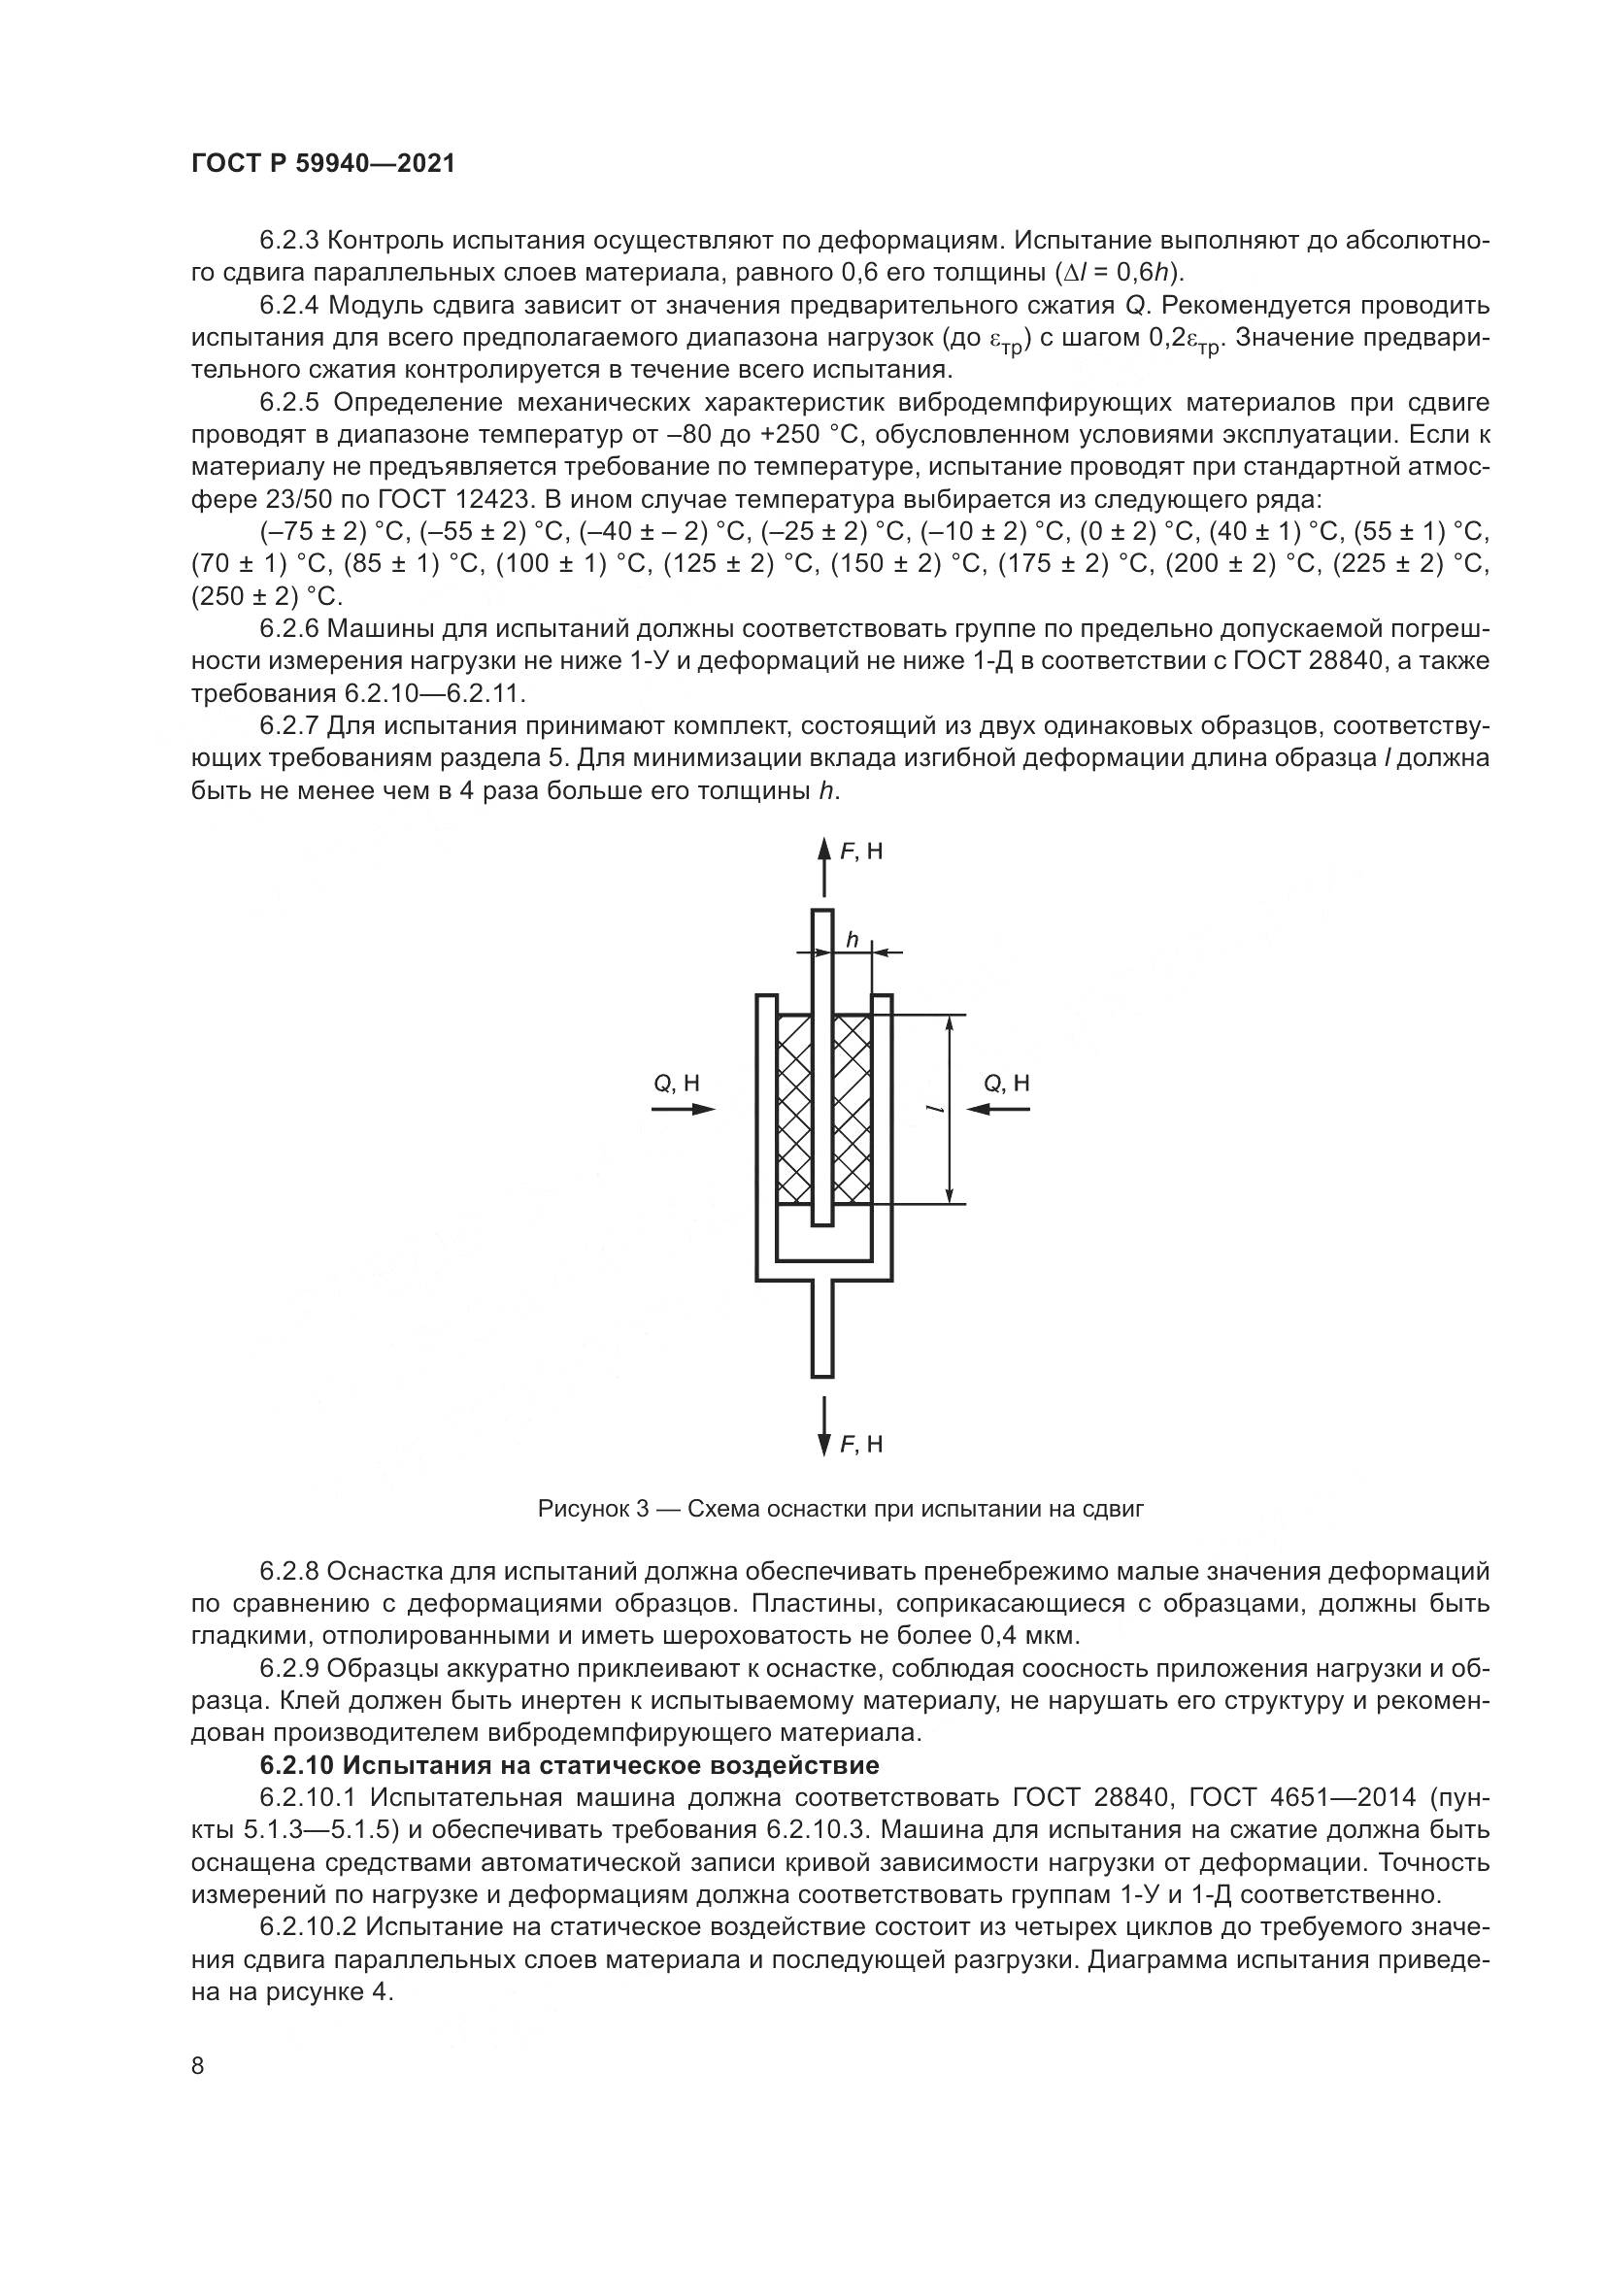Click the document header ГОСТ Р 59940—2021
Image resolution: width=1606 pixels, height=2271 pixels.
click(x=323, y=164)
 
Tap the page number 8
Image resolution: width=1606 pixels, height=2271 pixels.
click(x=198, y=2065)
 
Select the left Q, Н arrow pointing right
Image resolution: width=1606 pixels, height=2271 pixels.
click(x=684, y=1109)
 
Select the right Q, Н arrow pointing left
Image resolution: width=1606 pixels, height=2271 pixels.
click(x=998, y=1109)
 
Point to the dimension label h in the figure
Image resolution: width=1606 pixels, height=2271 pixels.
click(x=851, y=939)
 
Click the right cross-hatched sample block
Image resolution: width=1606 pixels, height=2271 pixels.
click(x=853, y=1109)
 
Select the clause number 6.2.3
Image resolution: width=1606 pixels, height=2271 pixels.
click(x=288, y=241)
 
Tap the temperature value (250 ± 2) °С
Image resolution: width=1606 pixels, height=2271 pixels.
click(x=265, y=596)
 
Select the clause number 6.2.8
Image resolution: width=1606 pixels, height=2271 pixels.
click(x=288, y=1571)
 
